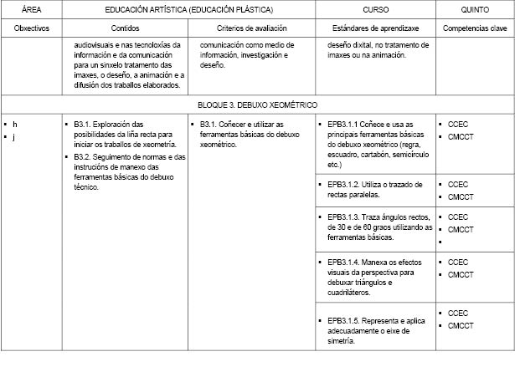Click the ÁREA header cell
pyautogui.click(x=32, y=9)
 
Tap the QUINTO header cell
pyautogui.click(x=476, y=9)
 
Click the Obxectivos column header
pyautogui.click(x=32, y=28)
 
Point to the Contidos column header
pyautogui.click(x=125, y=28)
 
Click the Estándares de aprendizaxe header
pyautogui.click(x=368, y=28)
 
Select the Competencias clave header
pyautogui.click(x=476, y=28)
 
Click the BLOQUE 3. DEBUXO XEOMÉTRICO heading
pyautogui.click(x=257, y=106)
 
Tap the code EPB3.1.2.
pyautogui.click(x=344, y=184)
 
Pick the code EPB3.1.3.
pyautogui.click(x=344, y=217)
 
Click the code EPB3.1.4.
pyautogui.click(x=344, y=262)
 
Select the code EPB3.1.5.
pyautogui.click(x=344, y=320)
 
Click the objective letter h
pyautogui.click(x=15, y=125)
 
